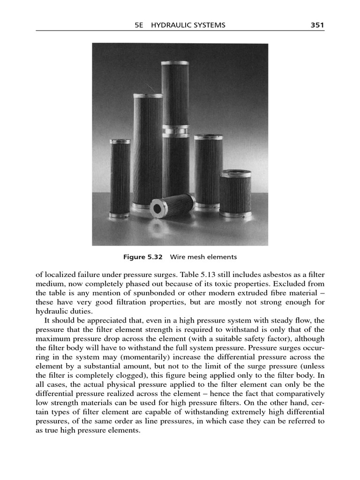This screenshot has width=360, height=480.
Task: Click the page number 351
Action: pyautogui.click(x=317, y=25)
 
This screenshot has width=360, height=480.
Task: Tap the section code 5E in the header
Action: pyautogui.click(x=138, y=25)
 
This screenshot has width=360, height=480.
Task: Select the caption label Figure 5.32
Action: pyautogui.click(x=142, y=257)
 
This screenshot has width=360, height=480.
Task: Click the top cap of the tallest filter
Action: pyautogui.click(x=175, y=63)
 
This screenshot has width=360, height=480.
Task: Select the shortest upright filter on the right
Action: pyautogui.click(x=235, y=193)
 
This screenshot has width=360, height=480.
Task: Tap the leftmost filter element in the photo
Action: pyautogui.click(x=120, y=178)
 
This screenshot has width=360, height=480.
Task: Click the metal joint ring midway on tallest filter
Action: pyautogui.click(x=175, y=130)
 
